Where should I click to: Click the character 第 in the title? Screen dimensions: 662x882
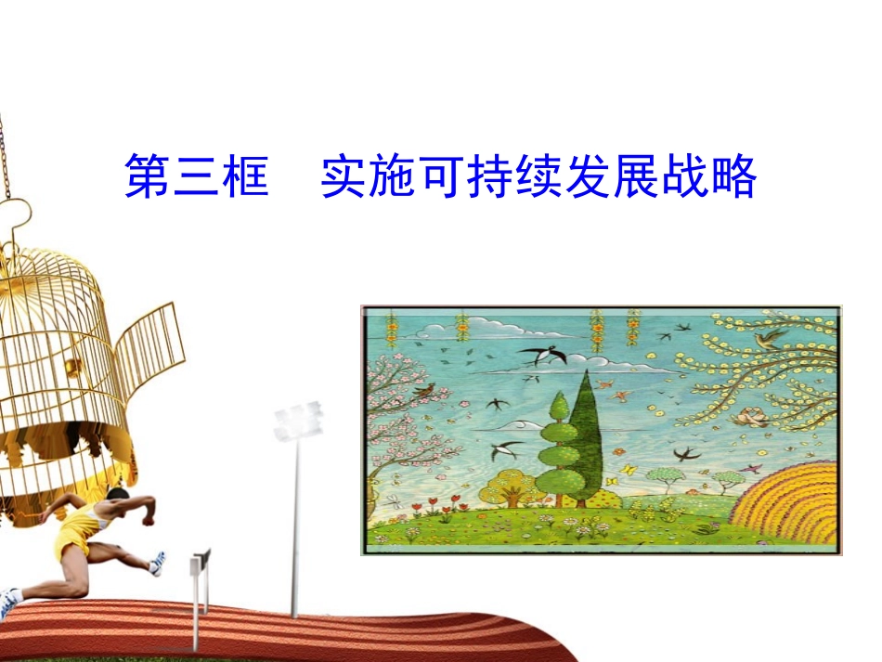click(149, 176)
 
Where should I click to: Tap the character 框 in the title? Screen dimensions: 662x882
click(245, 176)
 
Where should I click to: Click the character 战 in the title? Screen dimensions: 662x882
click(685, 176)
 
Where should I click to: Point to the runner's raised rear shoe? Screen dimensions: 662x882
click(158, 562)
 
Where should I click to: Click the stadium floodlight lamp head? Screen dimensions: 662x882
click(297, 422)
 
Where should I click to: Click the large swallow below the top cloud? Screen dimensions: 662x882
click(538, 355)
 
